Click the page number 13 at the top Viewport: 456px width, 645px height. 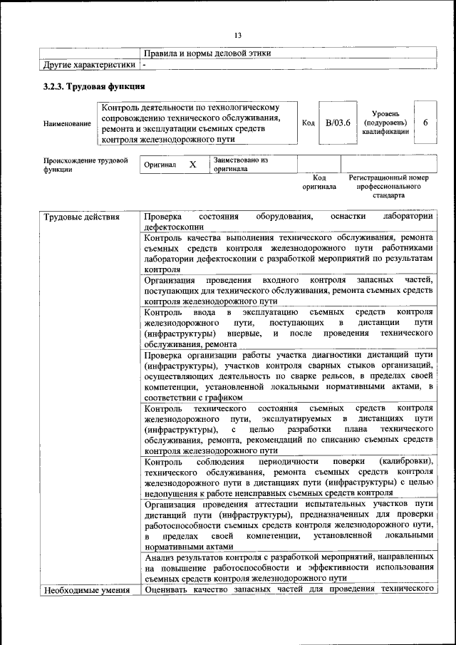[x=238, y=36]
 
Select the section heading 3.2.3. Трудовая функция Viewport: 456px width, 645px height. [x=94, y=87]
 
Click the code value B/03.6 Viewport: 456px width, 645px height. [x=338, y=123]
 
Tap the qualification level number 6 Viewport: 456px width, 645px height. [x=425, y=123]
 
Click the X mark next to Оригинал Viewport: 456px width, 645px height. [x=192, y=165]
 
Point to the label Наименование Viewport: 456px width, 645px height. [x=67, y=123]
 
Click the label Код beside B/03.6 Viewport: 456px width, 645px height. [x=309, y=123]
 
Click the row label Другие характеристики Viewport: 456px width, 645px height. [x=88, y=65]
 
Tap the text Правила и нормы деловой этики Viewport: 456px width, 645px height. [x=207, y=53]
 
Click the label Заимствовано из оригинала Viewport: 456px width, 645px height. [x=239, y=165]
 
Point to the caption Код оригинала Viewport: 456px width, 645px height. [x=319, y=182]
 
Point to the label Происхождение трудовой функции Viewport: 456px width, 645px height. [x=85, y=165]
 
